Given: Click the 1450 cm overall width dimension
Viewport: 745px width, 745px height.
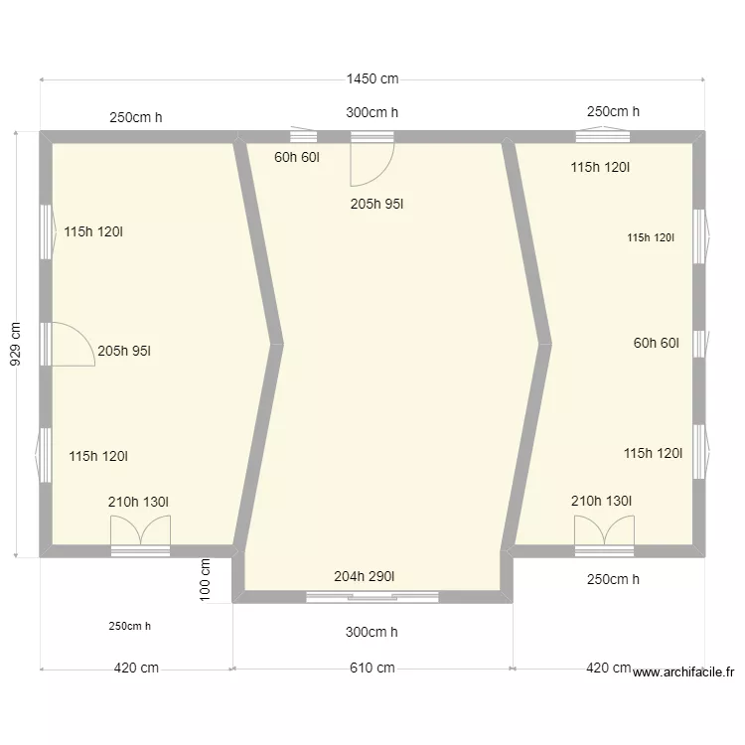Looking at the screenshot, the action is tap(372, 78).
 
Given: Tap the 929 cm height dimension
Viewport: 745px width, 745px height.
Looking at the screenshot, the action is tap(15, 344).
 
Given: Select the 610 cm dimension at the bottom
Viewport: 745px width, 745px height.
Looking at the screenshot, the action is tap(372, 668).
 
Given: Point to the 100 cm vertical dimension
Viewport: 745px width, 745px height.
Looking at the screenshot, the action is tap(205, 580).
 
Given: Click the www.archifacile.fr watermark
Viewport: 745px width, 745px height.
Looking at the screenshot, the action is tap(683, 671).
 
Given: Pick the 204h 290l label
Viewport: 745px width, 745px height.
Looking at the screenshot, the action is tap(364, 576).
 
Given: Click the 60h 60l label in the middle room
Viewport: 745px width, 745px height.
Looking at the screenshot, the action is tap(296, 157).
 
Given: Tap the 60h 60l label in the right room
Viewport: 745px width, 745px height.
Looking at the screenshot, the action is tap(657, 343).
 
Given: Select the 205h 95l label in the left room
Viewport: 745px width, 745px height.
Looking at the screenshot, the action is tap(124, 351).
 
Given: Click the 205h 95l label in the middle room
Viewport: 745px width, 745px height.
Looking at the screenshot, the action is tap(376, 204).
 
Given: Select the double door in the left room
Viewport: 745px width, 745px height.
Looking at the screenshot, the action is tap(141, 529).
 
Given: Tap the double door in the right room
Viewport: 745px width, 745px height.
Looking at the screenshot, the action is tap(604, 529).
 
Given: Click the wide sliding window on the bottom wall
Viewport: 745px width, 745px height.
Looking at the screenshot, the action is tap(372, 597).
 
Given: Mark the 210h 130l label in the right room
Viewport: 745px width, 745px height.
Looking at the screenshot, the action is tap(601, 501).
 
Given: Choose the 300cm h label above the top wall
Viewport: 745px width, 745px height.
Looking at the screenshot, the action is tap(372, 112).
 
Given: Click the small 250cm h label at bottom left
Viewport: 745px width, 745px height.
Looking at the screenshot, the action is tap(130, 626).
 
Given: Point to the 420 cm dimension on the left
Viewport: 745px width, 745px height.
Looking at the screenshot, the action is tap(136, 668).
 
